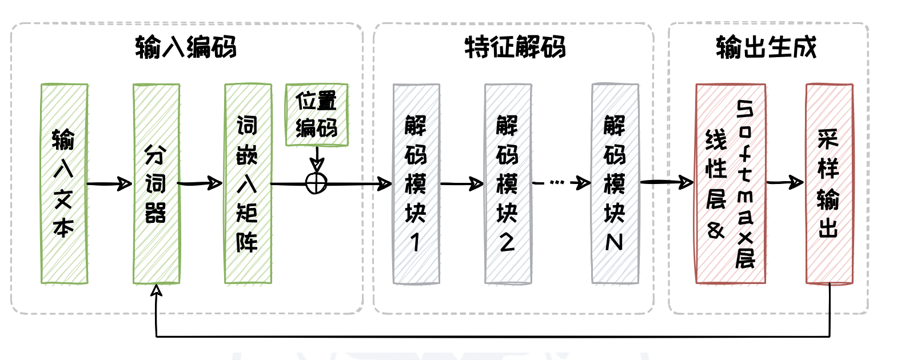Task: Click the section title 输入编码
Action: [186, 47]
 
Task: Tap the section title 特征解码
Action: [515, 47]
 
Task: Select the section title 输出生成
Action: [766, 47]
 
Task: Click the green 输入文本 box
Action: [64, 183]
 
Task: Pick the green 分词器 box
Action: [156, 183]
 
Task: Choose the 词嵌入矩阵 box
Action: [248, 183]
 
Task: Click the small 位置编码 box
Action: [317, 115]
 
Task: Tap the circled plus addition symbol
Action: [316, 183]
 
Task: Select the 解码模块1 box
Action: [416, 183]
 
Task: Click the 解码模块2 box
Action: [508, 183]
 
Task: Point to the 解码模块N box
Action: [615, 183]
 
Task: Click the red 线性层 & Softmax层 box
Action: [730, 183]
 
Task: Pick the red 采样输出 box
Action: [829, 183]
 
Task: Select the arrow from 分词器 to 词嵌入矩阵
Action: [201, 183]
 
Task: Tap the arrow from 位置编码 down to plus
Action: [317, 158]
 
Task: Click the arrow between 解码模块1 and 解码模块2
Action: [462, 184]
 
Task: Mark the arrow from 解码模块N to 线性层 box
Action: [667, 182]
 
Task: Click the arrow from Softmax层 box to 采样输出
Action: [786, 183]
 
